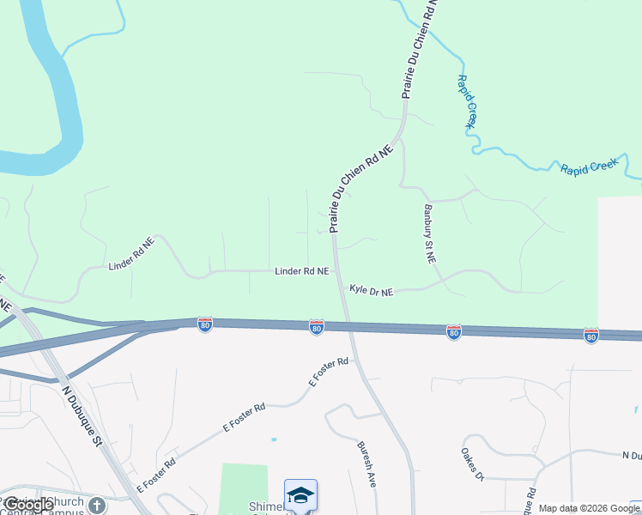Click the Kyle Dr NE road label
pyautogui.click(x=371, y=292)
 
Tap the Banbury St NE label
pyautogui.click(x=429, y=233)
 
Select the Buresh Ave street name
pyautogui.click(x=367, y=465)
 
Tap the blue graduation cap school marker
pyautogui.click(x=300, y=495)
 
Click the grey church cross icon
pyautogui.click(x=97, y=506)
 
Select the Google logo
pyautogui.click(x=27, y=506)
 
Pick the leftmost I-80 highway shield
pyautogui.click(x=204, y=324)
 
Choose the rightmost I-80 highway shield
pyautogui.click(x=591, y=336)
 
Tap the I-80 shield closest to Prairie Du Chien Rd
pyautogui.click(x=317, y=327)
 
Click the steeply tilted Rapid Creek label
pyautogui.click(x=466, y=101)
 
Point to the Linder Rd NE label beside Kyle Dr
pyautogui.click(x=301, y=271)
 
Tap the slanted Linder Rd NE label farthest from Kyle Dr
pyautogui.click(x=131, y=255)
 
